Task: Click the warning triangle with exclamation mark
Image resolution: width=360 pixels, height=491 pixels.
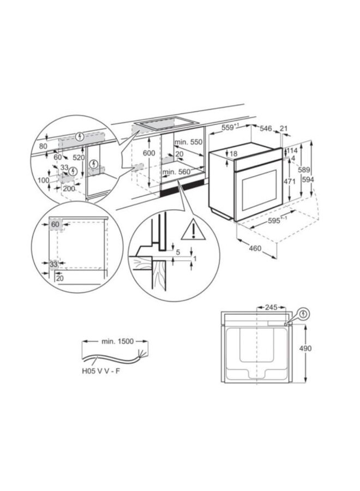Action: (191, 231)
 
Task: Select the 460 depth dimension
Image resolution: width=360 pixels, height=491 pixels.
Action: (255, 249)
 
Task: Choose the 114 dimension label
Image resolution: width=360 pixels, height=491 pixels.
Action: (292, 151)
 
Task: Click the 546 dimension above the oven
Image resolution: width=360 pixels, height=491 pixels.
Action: (266, 128)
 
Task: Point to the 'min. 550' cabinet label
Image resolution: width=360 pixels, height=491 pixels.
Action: (188, 142)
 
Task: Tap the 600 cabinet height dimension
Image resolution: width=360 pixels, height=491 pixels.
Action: (149, 153)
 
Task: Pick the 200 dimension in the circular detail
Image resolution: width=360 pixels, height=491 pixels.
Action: (68, 188)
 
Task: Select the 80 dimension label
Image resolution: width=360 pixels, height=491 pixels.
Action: (44, 146)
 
